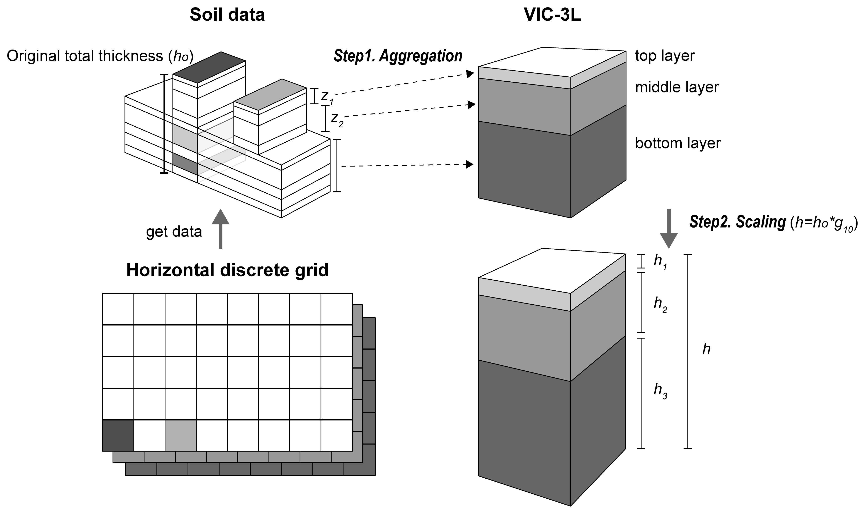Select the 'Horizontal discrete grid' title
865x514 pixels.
227,270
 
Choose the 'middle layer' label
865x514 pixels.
677,87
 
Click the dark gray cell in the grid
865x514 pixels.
118,435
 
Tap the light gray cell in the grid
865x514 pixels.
180,435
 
